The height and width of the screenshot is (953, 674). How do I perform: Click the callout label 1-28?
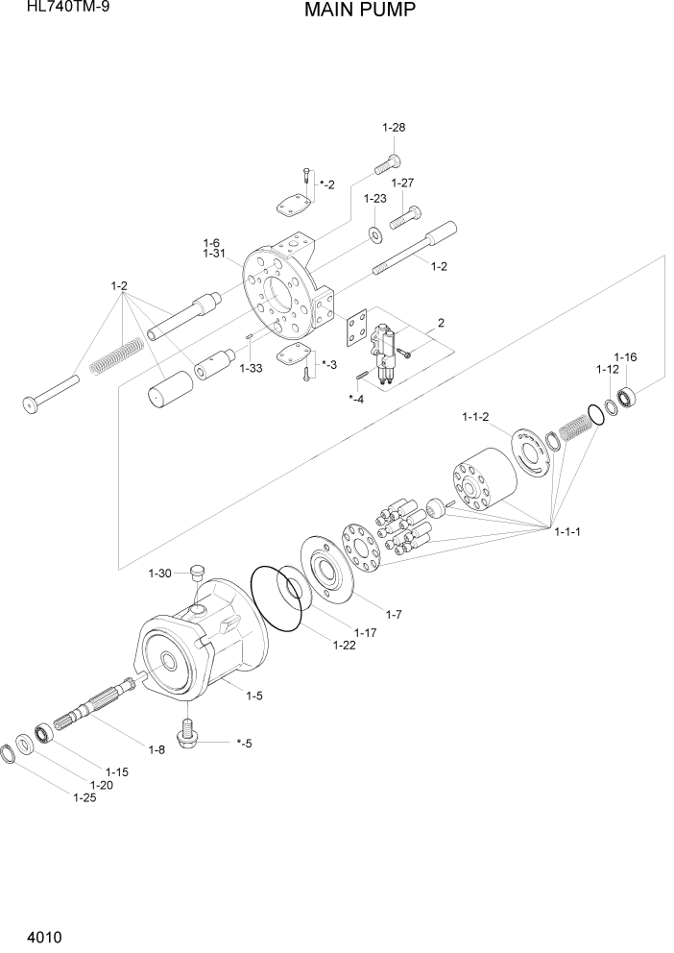[394, 128]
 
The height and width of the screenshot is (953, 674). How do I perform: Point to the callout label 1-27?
[402, 183]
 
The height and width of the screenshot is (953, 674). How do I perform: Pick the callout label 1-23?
[374, 199]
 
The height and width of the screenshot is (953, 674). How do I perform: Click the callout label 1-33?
[251, 368]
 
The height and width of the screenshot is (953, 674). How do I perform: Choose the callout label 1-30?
[160, 574]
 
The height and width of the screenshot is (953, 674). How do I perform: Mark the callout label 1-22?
[345, 645]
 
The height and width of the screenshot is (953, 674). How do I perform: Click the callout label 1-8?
[156, 748]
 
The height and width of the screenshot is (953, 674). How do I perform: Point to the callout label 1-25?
[85, 796]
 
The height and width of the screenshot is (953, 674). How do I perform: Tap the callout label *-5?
[243, 743]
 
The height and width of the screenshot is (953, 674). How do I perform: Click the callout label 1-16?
[625, 357]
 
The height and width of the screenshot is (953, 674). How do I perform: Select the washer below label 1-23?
[373, 234]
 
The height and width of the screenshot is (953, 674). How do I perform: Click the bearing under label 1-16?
[628, 394]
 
